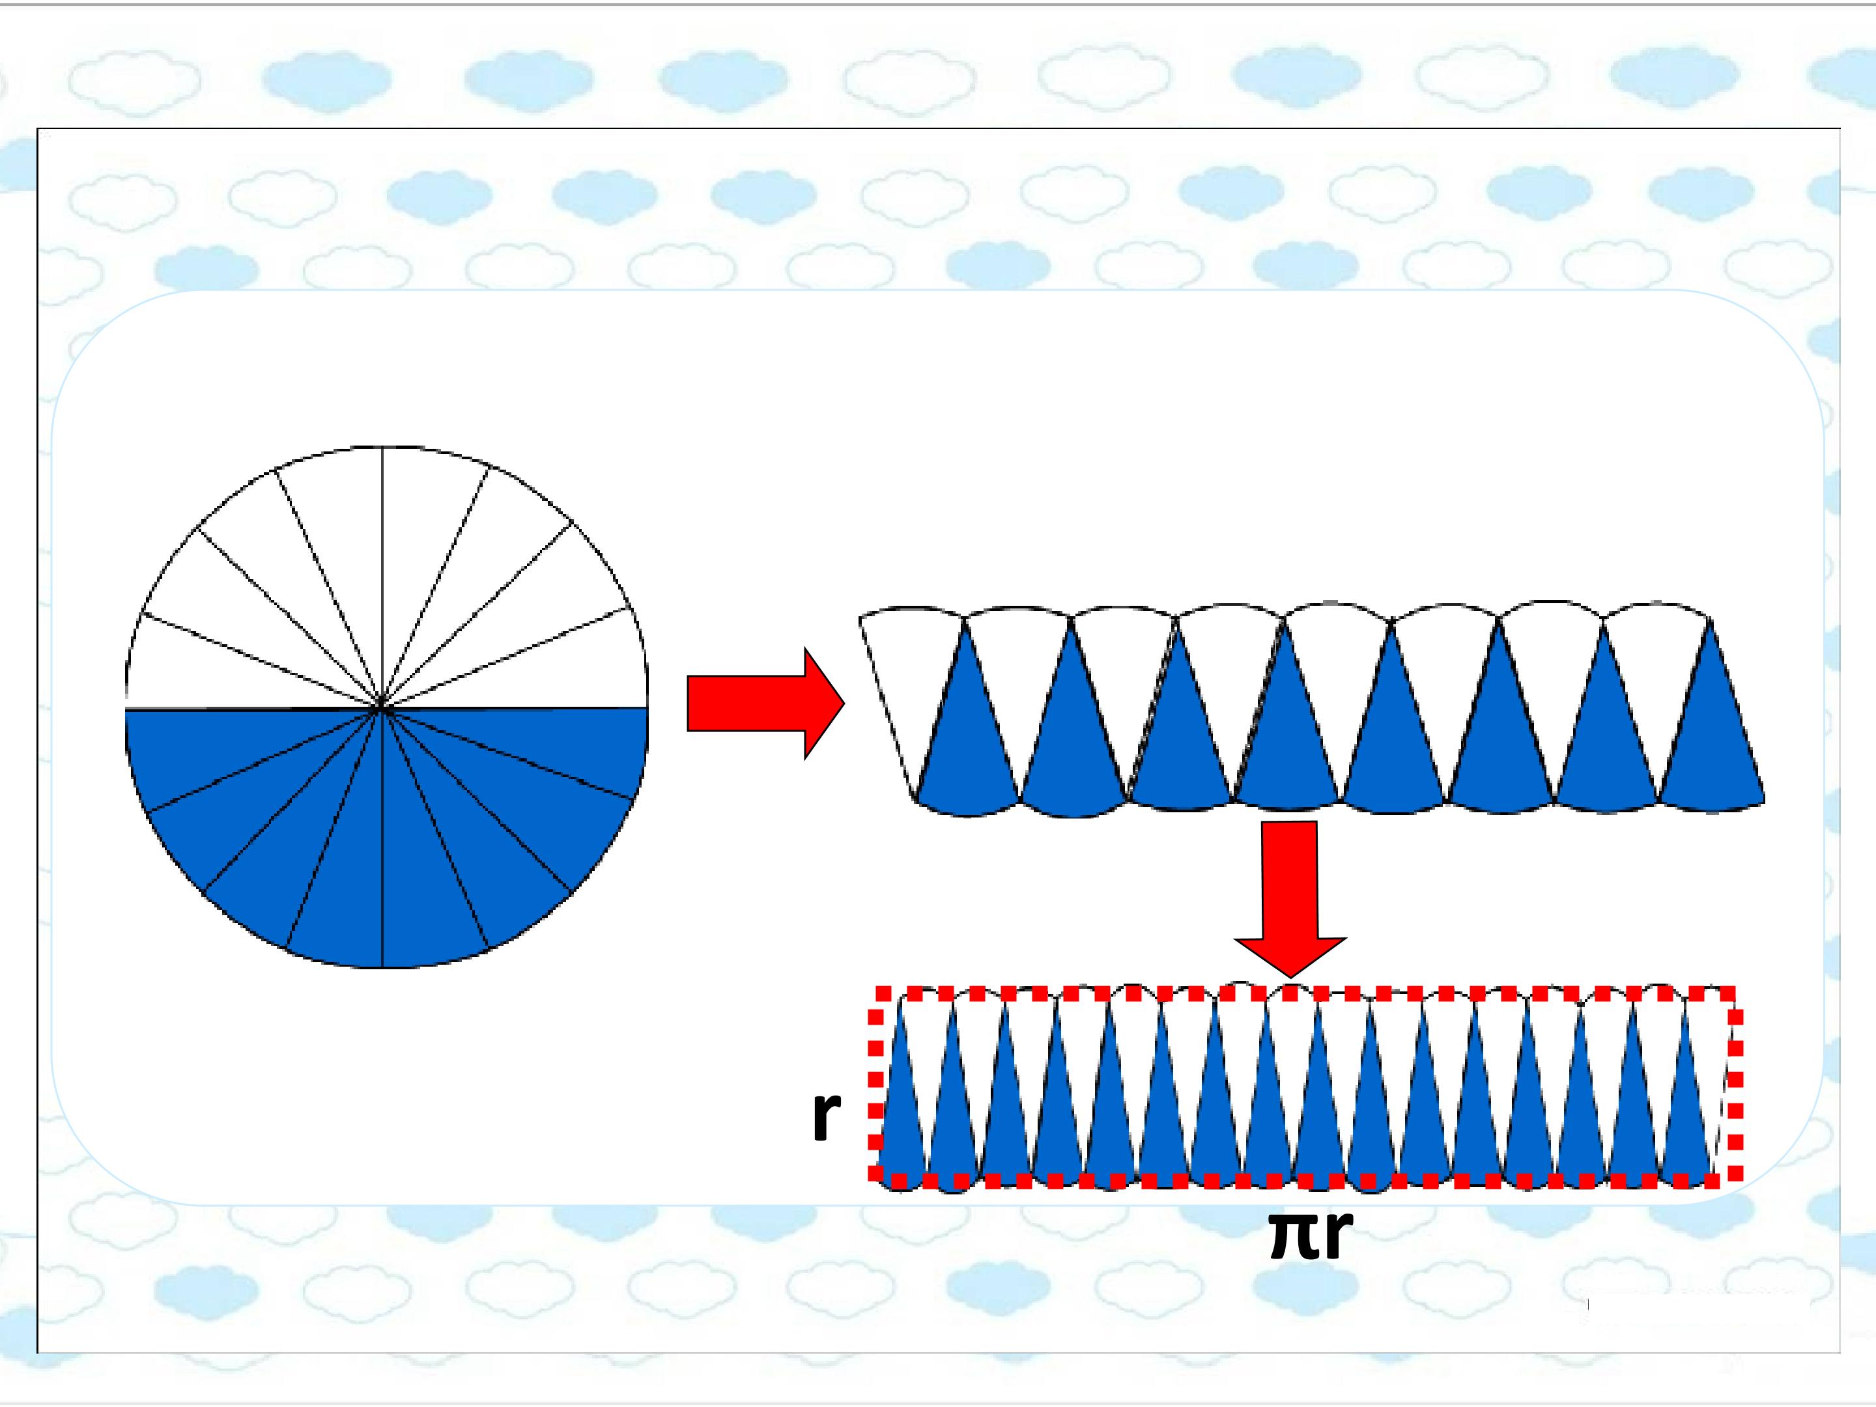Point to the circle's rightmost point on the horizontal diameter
click(x=647, y=707)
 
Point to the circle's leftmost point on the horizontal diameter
click(x=126, y=707)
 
